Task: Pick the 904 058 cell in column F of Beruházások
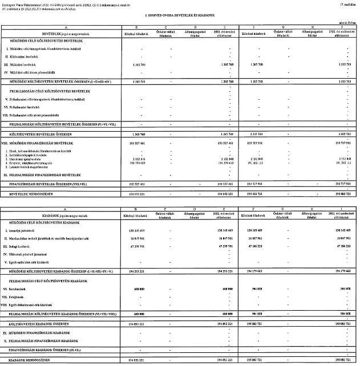(254, 288)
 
